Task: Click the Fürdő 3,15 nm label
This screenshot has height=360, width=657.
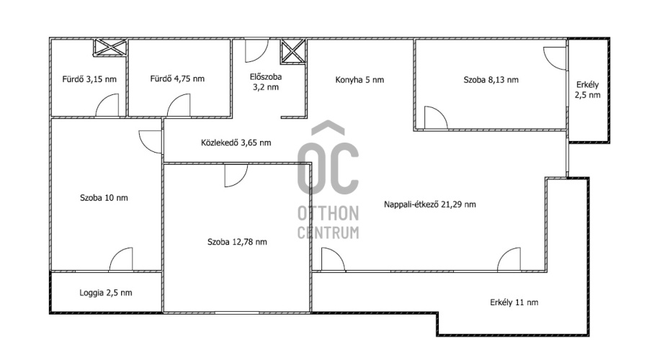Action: pyautogui.click(x=89, y=79)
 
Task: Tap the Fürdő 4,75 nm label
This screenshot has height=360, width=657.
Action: pyautogui.click(x=177, y=78)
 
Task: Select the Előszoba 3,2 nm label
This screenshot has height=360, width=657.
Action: pyautogui.click(x=266, y=82)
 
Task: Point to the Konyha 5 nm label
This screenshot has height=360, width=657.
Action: pyautogui.click(x=359, y=79)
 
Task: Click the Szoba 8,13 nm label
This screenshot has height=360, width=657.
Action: pyautogui.click(x=491, y=79)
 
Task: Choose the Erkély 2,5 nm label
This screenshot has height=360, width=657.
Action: pyautogui.click(x=587, y=90)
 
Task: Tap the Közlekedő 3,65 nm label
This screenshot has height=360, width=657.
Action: pyautogui.click(x=236, y=143)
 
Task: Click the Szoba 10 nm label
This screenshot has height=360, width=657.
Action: pyautogui.click(x=104, y=197)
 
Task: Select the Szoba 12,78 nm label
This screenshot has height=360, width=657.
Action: pyautogui.click(x=237, y=241)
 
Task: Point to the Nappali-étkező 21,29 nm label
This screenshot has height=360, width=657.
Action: pyautogui.click(x=430, y=204)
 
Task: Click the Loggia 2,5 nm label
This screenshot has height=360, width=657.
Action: pyautogui.click(x=106, y=292)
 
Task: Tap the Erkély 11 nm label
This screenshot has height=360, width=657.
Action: pyautogui.click(x=514, y=302)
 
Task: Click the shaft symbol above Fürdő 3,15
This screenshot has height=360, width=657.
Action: pyautogui.click(x=109, y=47)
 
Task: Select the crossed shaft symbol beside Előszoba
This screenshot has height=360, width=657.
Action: pyautogui.click(x=293, y=52)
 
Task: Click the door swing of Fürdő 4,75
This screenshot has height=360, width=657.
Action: pyautogui.click(x=179, y=106)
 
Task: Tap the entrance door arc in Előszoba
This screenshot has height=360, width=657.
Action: pyautogui.click(x=256, y=51)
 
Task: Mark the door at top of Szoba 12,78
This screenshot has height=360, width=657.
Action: pyautogui.click(x=236, y=176)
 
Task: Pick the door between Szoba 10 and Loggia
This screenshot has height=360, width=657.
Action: pyautogui.click(x=121, y=259)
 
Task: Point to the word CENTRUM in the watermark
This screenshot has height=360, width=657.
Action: pyautogui.click(x=328, y=233)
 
